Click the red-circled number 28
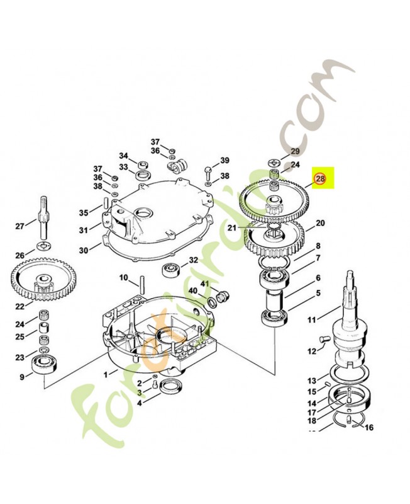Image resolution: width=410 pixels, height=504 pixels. (321, 180)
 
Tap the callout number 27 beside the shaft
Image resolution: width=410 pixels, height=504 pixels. (19, 226)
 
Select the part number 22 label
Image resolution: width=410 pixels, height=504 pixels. (19, 306)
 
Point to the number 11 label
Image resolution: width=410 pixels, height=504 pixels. (312, 321)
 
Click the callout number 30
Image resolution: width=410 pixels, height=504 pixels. (84, 251)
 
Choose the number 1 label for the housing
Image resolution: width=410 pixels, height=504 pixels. (106, 373)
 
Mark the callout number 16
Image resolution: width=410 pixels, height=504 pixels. (369, 427)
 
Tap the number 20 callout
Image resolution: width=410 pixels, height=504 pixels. (320, 223)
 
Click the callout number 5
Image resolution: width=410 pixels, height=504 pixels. (318, 292)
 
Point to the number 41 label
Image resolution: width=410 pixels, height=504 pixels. (204, 284)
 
